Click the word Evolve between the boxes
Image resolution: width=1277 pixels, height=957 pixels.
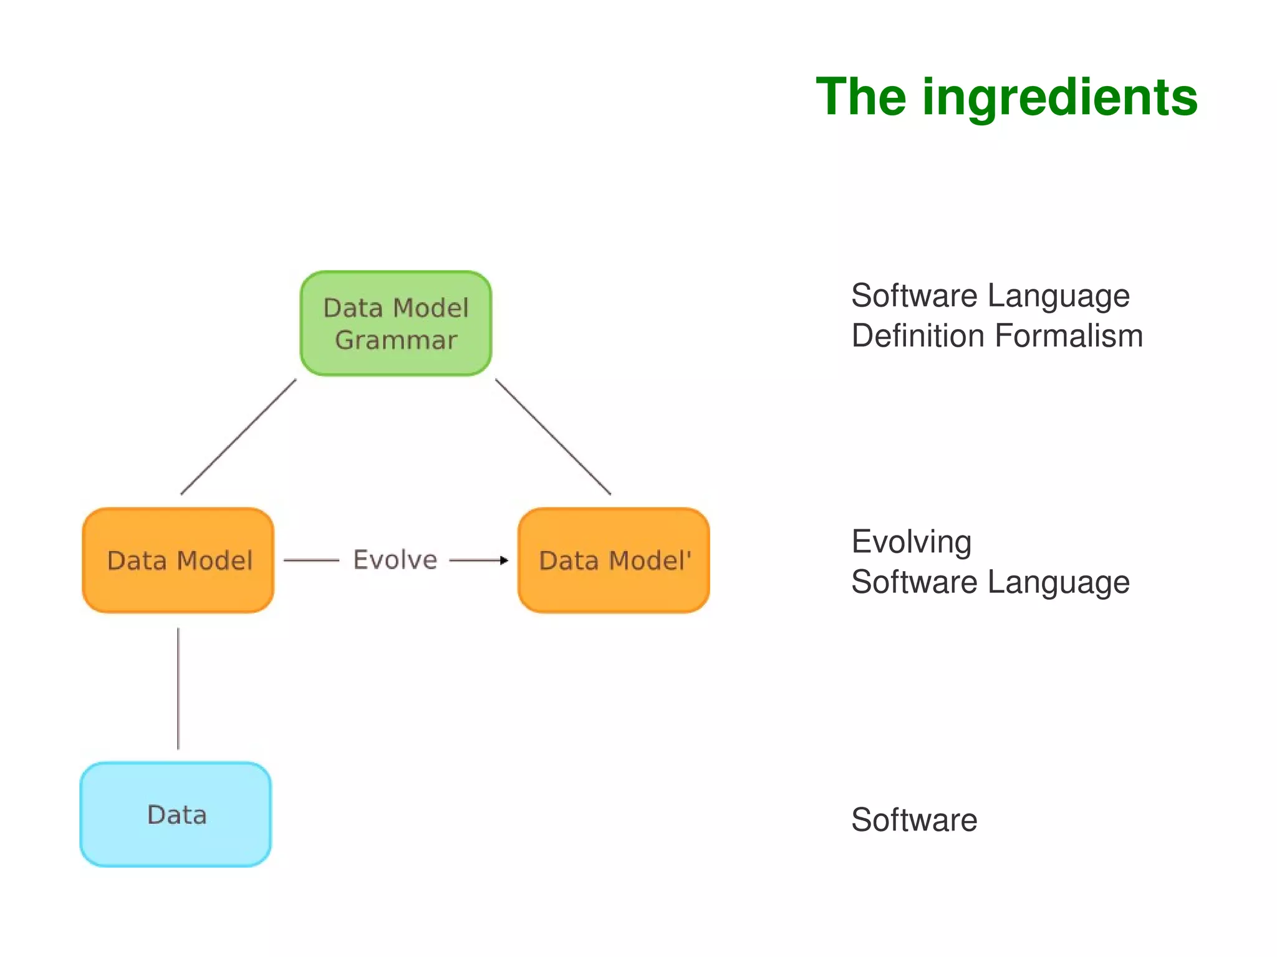(x=395, y=560)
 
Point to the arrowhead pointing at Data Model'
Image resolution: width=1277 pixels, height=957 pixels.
(x=504, y=560)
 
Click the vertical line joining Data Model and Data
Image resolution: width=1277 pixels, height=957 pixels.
(x=178, y=688)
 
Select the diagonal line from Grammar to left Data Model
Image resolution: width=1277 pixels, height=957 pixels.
(x=238, y=437)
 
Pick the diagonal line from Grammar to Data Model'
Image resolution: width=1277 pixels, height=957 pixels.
(x=553, y=437)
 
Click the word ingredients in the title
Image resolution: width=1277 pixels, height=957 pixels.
(x=1059, y=97)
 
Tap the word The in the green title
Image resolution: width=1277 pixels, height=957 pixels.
(x=860, y=97)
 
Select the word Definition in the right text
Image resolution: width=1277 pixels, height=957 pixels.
(x=918, y=335)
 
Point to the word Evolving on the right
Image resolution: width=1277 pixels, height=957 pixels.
(x=911, y=542)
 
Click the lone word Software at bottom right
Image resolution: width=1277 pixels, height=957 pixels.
(x=914, y=819)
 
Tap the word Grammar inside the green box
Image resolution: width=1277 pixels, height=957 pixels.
(x=396, y=340)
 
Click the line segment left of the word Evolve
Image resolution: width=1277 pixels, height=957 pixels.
(x=311, y=560)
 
